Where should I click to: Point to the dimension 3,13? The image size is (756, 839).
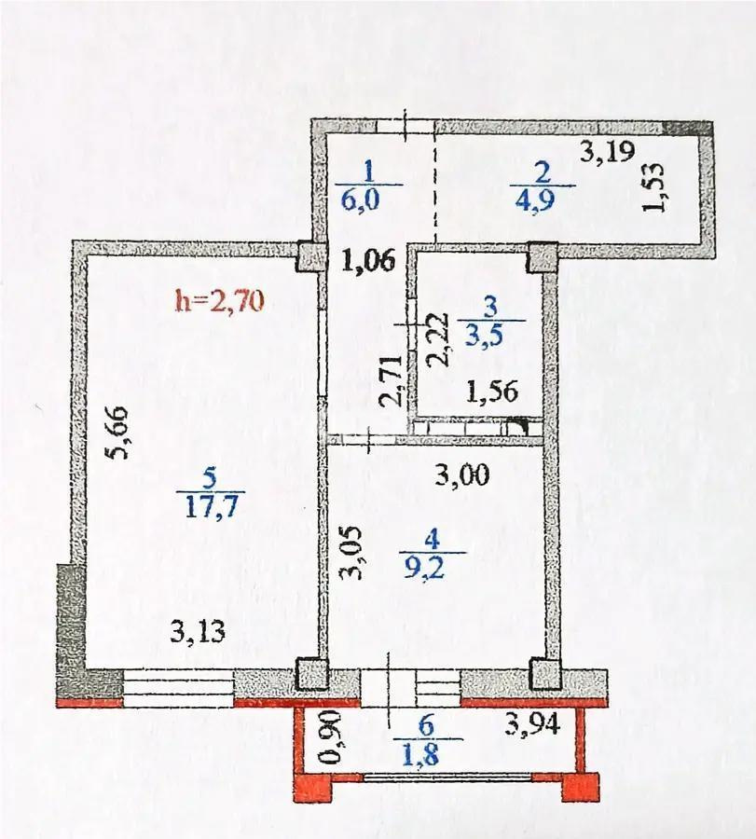pyautogui.click(x=198, y=635)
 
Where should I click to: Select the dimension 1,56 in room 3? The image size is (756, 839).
pyautogui.click(x=491, y=392)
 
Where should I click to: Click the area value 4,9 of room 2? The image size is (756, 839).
pyautogui.click(x=543, y=199)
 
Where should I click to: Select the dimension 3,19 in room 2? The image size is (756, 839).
pyautogui.click(x=605, y=152)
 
